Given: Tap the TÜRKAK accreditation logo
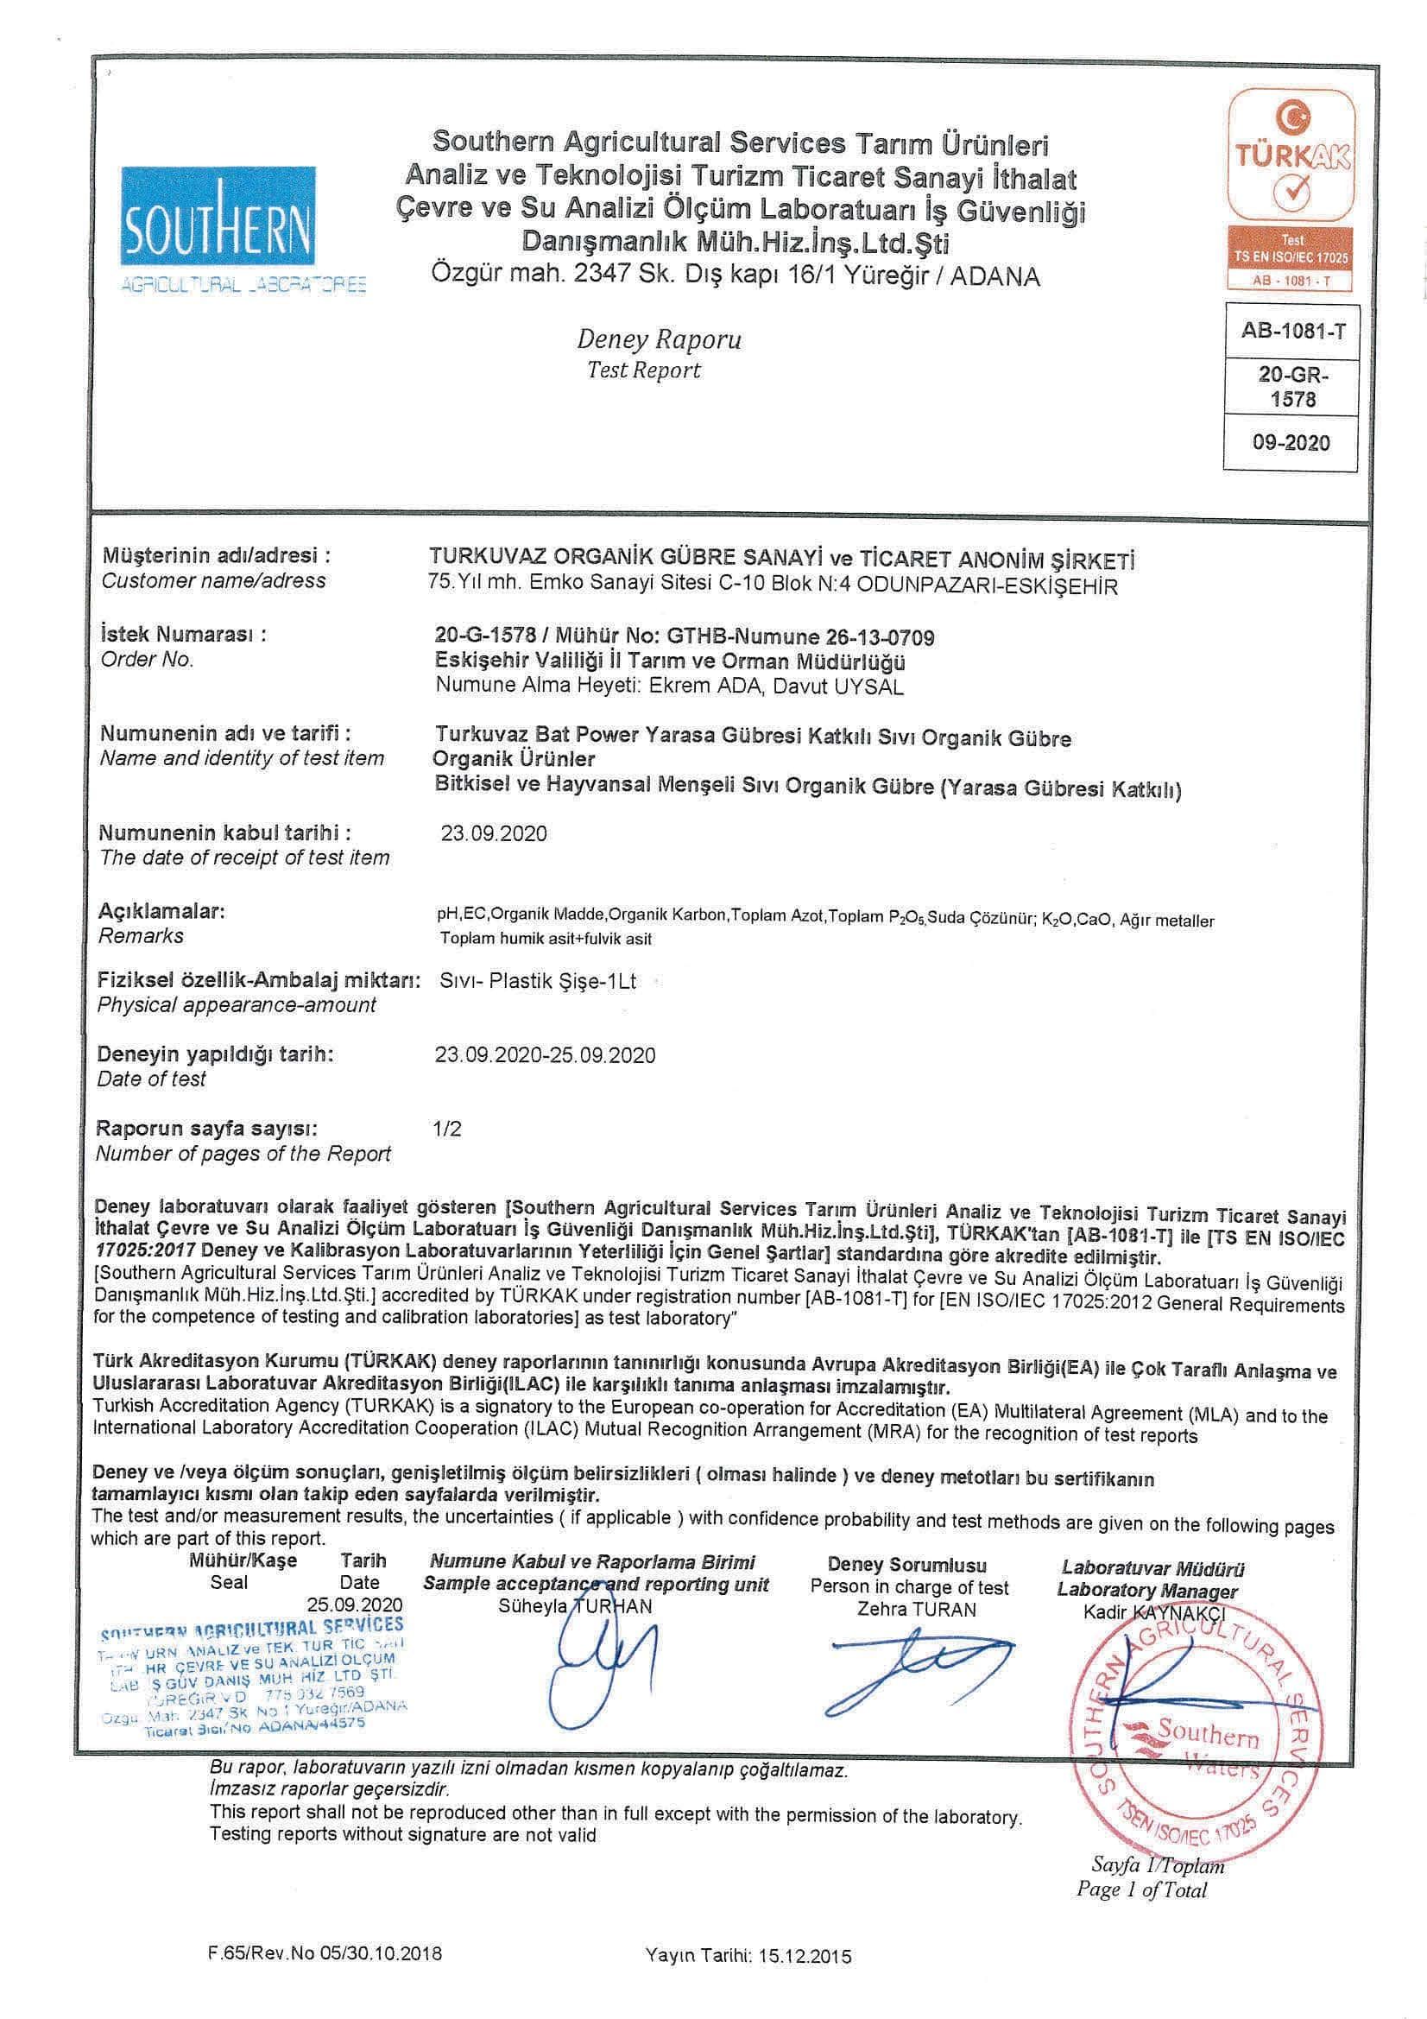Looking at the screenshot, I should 1291,190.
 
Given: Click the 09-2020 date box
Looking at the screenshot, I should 1291,442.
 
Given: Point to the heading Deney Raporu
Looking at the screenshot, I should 659,339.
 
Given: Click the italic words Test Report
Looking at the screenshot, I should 644,370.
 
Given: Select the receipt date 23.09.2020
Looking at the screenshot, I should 493,833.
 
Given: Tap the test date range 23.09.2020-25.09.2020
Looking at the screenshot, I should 545,1055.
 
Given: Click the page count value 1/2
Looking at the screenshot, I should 447,1128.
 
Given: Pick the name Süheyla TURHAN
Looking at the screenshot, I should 575,1606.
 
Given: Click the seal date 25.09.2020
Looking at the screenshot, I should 354,1603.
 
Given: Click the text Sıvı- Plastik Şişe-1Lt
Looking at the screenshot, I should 537,981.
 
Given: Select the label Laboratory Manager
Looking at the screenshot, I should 1146,1590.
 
